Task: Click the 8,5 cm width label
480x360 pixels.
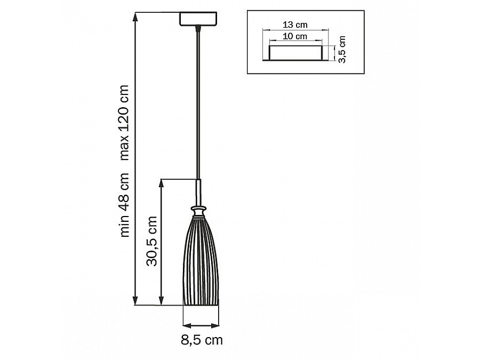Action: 202,340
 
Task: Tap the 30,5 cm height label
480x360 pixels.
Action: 152,241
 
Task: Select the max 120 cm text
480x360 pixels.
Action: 125,123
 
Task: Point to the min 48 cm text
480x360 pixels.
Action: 125,204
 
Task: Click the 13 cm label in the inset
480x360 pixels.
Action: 295,25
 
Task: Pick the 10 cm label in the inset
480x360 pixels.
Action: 295,36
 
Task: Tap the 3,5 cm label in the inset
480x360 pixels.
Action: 342,49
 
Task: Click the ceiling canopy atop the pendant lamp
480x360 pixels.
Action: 198,19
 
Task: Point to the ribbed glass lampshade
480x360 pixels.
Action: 201,260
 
